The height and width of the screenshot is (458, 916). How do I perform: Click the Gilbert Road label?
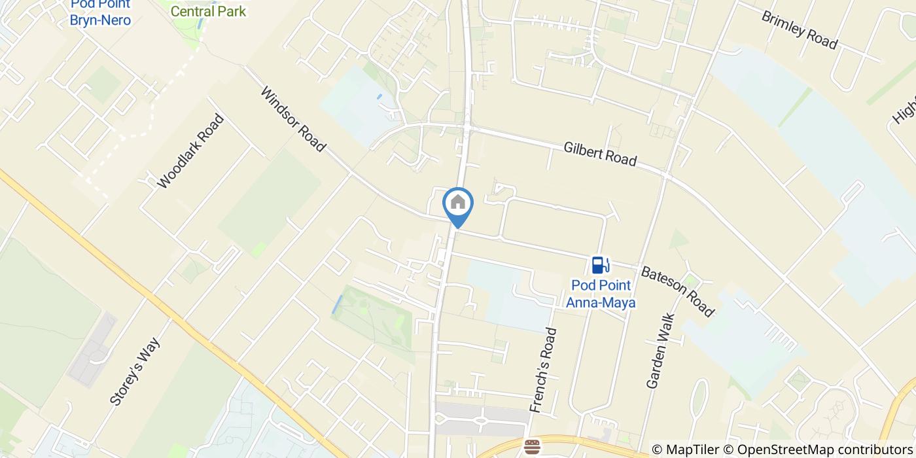click(600, 154)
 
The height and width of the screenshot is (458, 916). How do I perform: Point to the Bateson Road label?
click(678, 291)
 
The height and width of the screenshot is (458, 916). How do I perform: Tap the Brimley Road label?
click(799, 29)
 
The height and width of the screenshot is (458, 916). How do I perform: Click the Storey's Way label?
click(135, 372)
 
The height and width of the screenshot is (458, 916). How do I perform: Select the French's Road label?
click(543, 370)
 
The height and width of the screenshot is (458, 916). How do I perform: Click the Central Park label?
click(208, 11)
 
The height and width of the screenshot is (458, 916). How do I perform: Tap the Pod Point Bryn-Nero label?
click(100, 12)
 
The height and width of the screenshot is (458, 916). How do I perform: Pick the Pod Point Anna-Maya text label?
click(601, 294)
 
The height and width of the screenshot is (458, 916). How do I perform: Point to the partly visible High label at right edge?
click(904, 109)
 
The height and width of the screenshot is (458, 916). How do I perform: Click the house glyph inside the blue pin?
click(458, 202)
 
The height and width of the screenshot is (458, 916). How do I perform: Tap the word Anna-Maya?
click(601, 302)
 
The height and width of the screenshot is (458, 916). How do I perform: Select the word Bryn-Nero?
click(100, 20)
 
